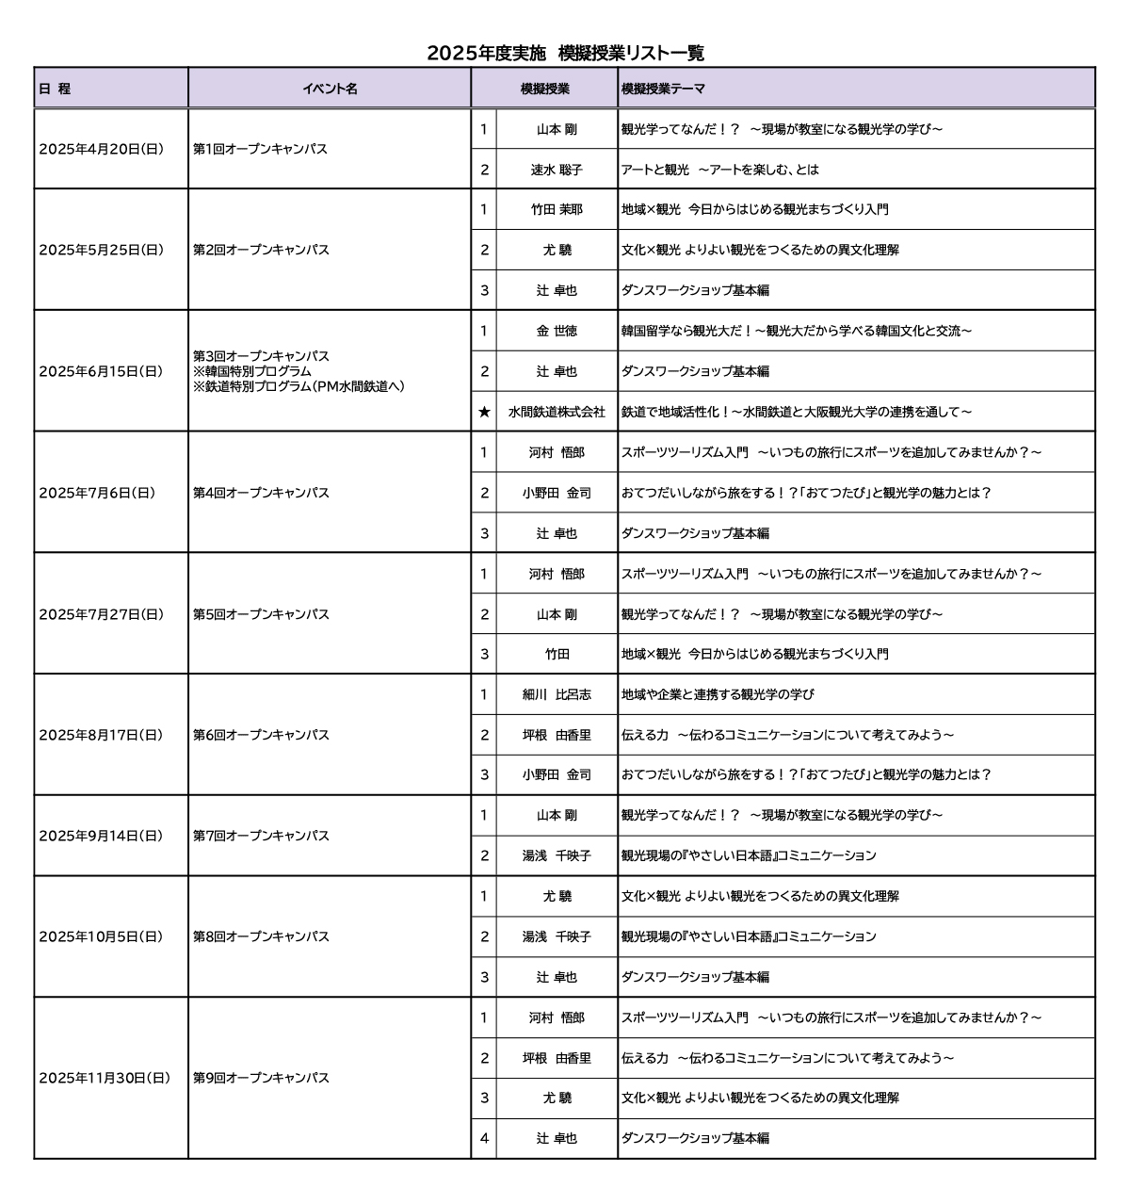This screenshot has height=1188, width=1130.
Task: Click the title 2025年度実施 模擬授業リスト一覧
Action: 565,53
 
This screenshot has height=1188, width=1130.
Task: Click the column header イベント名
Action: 330,89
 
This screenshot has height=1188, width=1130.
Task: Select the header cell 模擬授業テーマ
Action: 663,89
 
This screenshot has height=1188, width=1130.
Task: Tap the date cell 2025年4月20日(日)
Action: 101,149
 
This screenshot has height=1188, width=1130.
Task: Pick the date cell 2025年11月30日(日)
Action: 105,1078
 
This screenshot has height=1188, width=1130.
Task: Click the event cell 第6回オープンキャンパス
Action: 261,735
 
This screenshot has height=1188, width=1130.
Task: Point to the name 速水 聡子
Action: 557,170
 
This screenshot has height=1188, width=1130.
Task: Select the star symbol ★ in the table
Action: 484,412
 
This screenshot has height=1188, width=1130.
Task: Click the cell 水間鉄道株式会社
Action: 557,412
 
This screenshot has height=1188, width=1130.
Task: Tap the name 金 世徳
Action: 557,331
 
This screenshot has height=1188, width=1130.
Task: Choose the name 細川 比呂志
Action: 557,694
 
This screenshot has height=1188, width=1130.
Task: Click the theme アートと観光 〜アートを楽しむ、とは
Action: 720,170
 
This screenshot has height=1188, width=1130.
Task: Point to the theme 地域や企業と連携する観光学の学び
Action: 718,694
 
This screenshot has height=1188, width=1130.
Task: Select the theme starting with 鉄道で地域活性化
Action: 797,412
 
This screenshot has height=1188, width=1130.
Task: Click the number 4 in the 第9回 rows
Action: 484,1138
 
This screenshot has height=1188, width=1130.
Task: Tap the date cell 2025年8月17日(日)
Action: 101,735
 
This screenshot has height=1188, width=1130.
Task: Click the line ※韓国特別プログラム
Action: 251,371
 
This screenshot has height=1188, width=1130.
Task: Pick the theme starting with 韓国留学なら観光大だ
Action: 797,331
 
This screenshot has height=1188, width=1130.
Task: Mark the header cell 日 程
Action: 55,89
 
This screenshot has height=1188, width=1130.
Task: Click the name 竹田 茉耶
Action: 557,209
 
